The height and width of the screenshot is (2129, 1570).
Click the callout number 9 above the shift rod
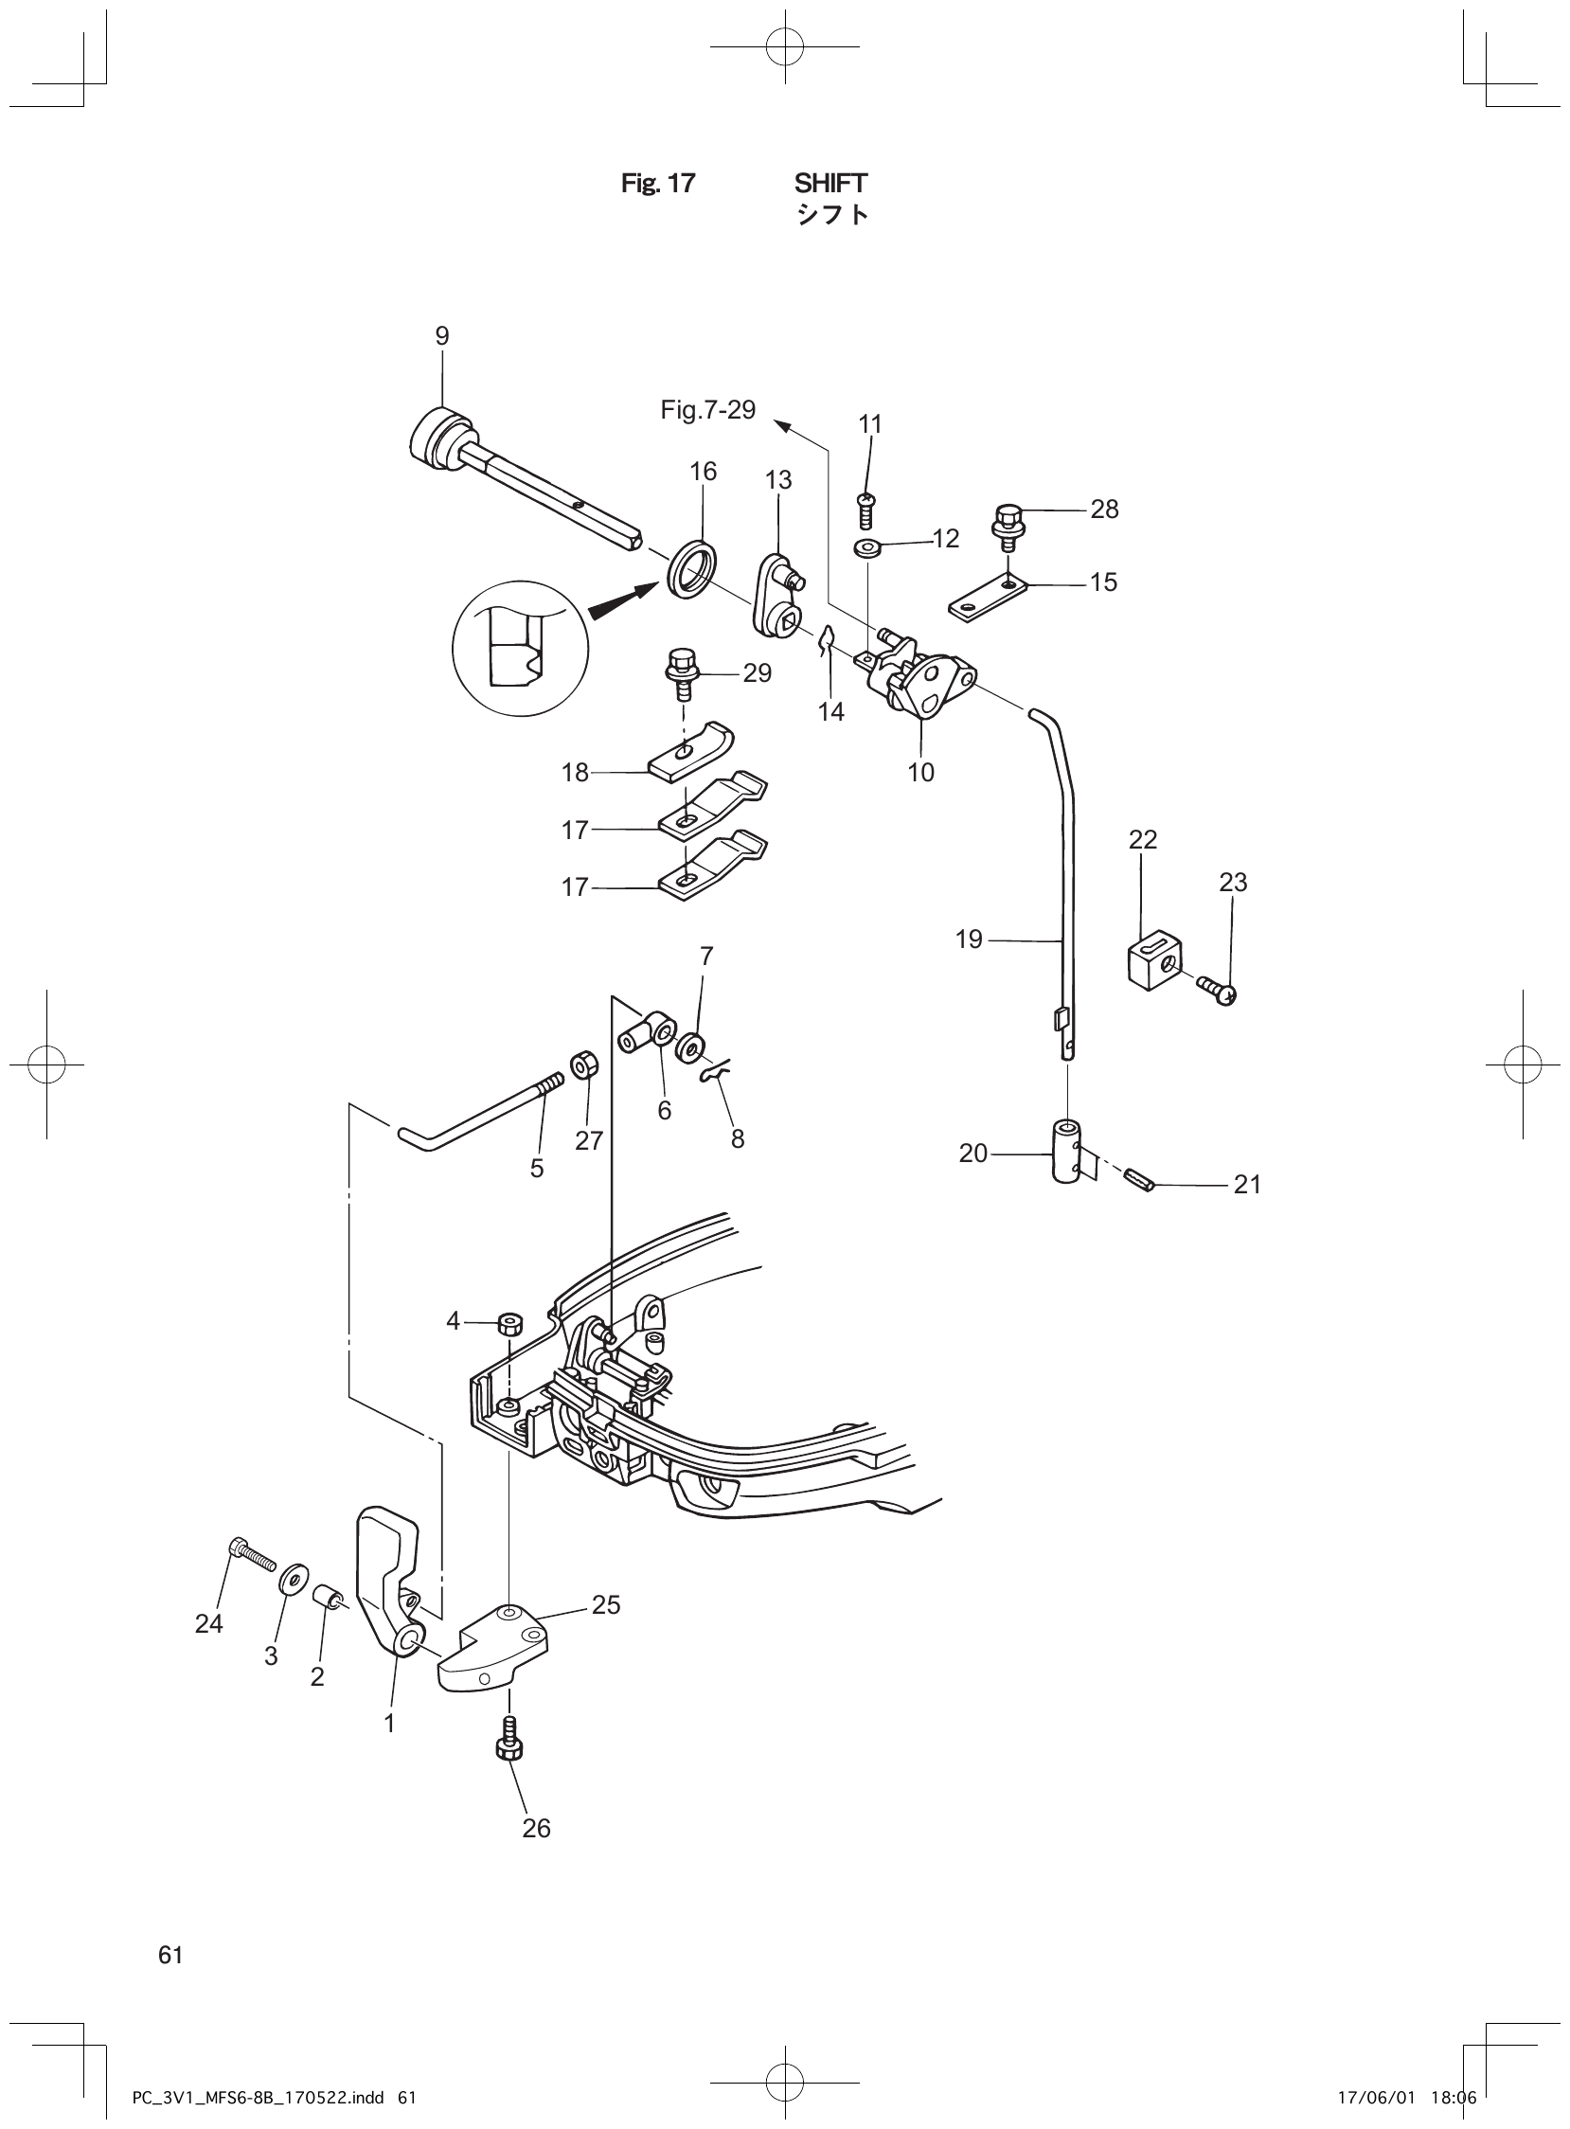tap(442, 335)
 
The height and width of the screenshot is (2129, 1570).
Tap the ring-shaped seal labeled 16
tap(693, 569)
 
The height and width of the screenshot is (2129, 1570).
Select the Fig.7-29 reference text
tap(708, 410)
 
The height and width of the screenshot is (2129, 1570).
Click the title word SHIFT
tap(830, 183)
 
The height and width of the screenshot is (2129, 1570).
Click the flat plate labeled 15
tap(989, 597)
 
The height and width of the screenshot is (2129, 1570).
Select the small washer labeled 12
tap(866, 548)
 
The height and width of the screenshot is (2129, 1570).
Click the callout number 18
tap(575, 772)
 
